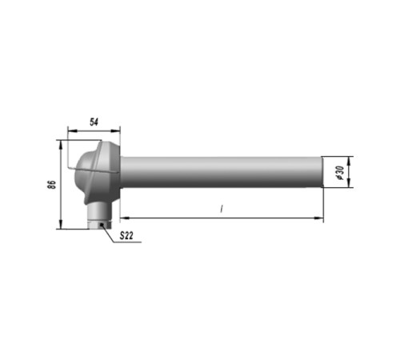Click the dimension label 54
(94, 122)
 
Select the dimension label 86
(52, 185)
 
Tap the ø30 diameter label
(341, 173)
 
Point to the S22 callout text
(126, 236)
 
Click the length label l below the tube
(221, 209)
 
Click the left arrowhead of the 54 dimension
(72, 130)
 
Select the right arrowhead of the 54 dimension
(116, 130)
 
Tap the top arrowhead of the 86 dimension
(61, 144)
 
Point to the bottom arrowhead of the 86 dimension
(61, 224)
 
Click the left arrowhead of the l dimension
(125, 218)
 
